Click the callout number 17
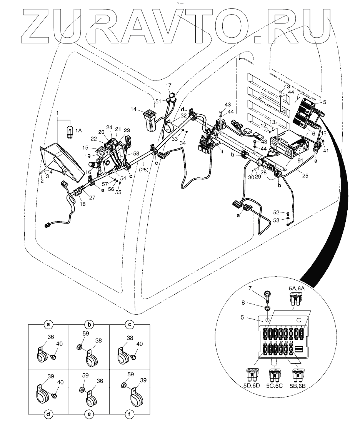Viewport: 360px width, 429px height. [169, 85]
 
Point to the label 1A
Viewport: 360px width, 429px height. [78, 131]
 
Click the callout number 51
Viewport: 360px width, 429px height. [159, 101]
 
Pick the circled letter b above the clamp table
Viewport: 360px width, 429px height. [89, 324]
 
